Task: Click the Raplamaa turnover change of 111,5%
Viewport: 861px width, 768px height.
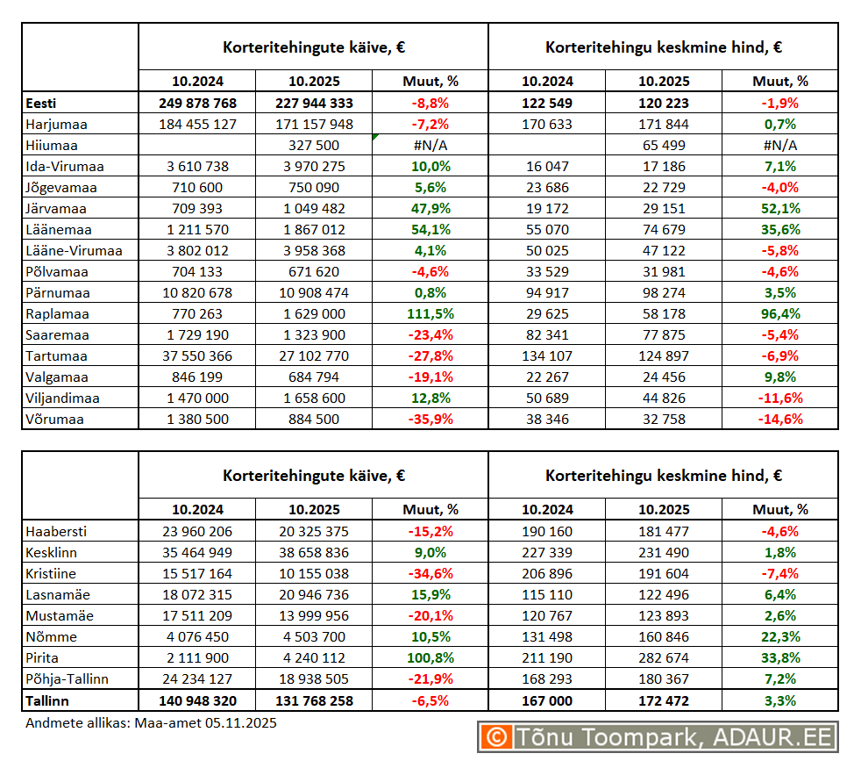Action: coord(430,314)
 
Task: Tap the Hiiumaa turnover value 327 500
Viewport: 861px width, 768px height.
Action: coord(314,146)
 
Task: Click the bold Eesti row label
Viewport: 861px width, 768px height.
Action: coord(40,104)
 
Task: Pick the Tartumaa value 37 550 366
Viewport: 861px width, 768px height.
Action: coord(197,356)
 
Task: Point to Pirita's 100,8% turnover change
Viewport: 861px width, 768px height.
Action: coord(430,658)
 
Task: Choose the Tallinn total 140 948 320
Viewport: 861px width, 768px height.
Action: coord(197,701)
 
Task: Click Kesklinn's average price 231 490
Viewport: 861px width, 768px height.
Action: coord(663,553)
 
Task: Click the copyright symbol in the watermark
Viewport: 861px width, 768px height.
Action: coord(496,737)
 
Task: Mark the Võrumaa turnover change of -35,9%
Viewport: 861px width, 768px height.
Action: coord(430,420)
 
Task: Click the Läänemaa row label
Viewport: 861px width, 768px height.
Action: coord(59,230)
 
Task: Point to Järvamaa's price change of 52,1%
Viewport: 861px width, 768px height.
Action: coord(779,209)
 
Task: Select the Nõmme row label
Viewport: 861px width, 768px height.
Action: coord(52,637)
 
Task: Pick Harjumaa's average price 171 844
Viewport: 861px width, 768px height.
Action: coord(663,125)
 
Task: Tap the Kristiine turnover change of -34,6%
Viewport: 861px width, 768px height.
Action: coord(430,574)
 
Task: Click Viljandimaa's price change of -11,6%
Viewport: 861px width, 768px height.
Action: coord(779,398)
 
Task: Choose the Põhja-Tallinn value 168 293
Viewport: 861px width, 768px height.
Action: coord(547,679)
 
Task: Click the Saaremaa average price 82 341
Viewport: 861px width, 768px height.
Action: coord(547,335)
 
